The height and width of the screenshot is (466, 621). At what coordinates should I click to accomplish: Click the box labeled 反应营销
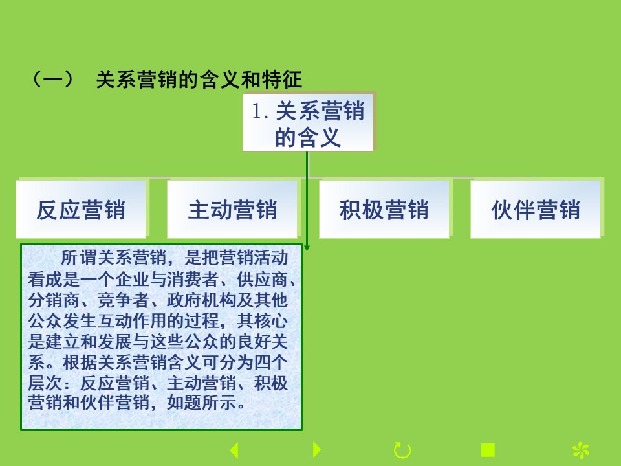tap(81, 209)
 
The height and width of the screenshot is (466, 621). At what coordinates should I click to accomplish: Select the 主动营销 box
tap(232, 209)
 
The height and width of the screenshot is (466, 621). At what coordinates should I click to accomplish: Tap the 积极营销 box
tap(384, 209)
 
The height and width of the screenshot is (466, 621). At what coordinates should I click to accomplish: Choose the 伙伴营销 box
tap(536, 209)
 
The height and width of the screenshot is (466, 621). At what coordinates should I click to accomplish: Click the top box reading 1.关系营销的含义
tap(308, 122)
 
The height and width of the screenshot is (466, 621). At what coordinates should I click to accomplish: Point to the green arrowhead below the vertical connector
tap(307, 248)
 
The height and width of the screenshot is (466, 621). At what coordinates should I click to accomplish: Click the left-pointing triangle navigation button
tap(234, 450)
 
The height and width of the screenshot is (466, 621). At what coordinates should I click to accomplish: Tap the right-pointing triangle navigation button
tap(316, 449)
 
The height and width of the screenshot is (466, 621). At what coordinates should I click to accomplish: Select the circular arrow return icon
tap(402, 450)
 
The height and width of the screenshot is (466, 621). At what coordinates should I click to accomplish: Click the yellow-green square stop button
tap(488, 450)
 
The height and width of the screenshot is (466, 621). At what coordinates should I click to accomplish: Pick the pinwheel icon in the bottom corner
tap(581, 450)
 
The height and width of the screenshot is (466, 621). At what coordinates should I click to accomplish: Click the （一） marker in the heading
tap(52, 79)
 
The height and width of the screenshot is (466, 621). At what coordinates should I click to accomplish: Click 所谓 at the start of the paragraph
tap(78, 258)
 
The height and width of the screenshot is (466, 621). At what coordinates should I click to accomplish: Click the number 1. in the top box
tap(261, 111)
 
